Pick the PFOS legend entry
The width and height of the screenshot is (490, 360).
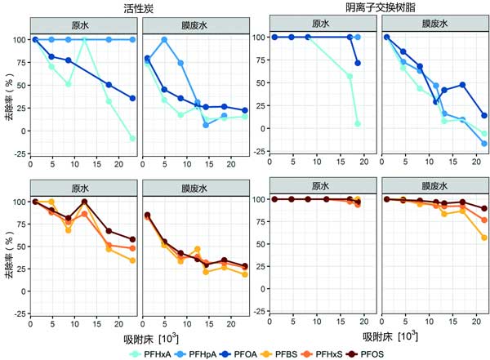(409, 352)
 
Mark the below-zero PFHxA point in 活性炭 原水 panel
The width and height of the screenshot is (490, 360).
(132, 138)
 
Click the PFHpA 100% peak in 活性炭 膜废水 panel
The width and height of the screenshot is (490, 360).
(164, 39)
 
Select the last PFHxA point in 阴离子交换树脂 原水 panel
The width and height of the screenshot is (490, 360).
(358, 123)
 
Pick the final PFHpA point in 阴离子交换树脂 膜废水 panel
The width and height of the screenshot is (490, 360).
(483, 144)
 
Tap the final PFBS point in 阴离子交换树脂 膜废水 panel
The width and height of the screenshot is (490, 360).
(483, 238)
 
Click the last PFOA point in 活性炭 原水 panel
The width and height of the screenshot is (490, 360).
(132, 98)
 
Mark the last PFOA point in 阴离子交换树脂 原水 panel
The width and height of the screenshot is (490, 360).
(358, 63)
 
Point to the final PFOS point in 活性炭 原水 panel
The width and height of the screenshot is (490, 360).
(132, 239)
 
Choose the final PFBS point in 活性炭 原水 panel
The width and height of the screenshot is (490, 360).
(132, 260)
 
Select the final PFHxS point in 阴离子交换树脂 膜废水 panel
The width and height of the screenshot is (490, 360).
(483, 220)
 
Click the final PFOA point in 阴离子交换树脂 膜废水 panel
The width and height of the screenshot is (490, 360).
(483, 115)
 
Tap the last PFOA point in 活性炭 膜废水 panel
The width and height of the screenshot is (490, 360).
(244, 110)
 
